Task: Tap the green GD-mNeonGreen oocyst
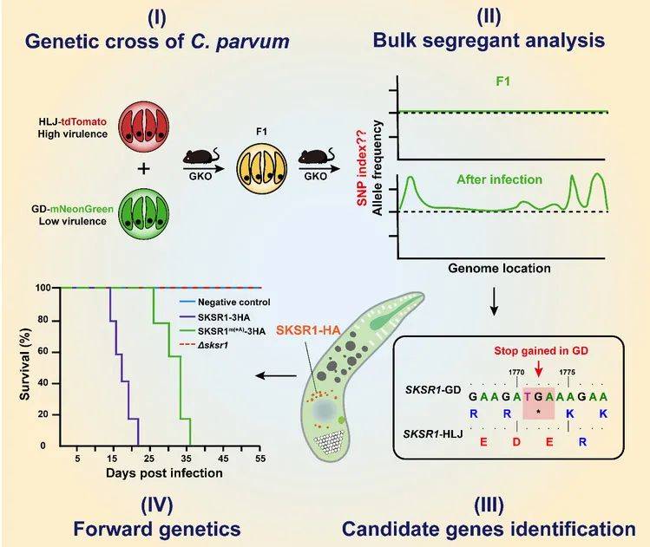point(144,213)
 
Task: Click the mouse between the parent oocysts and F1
point(201,156)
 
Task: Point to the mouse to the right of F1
point(316,156)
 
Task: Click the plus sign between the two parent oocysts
point(144,168)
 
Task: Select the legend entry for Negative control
point(225,303)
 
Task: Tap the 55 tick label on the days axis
point(260,459)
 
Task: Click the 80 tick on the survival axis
point(43,320)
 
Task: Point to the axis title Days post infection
point(164,472)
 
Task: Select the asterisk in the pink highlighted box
point(538,412)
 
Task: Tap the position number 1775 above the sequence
point(567,372)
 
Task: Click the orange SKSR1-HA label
point(308,330)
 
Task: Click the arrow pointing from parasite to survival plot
point(276,376)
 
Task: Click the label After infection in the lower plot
point(500,179)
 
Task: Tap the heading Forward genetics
point(157,529)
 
